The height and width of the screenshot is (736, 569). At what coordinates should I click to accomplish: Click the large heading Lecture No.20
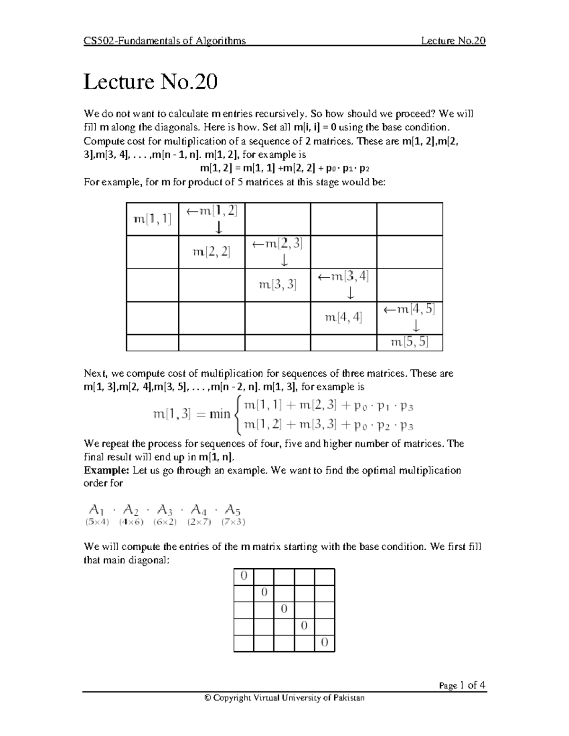[150, 82]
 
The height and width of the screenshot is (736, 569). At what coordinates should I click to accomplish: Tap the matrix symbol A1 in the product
[96, 510]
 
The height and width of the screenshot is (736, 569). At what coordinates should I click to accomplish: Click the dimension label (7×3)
[233, 522]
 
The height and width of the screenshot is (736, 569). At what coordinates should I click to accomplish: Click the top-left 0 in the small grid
[244, 576]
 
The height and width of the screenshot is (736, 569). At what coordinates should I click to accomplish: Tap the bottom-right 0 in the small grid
[324, 643]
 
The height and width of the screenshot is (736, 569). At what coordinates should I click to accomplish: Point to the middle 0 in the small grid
[284, 609]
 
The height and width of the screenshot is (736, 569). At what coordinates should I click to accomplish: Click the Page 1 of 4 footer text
[462, 685]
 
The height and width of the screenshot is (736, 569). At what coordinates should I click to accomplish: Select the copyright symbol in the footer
[207, 698]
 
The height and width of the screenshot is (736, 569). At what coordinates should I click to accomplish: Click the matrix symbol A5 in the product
[233, 510]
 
